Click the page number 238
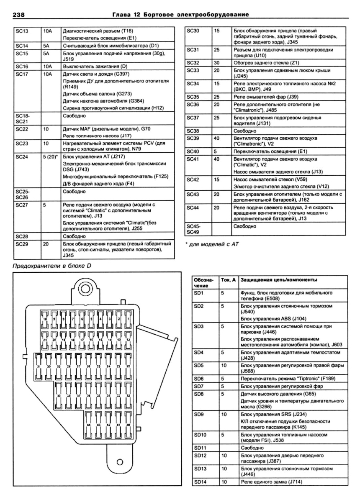coord(20,15)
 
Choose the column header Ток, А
coord(228,279)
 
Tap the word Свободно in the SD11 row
coord(252,447)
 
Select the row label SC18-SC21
coord(21,118)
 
